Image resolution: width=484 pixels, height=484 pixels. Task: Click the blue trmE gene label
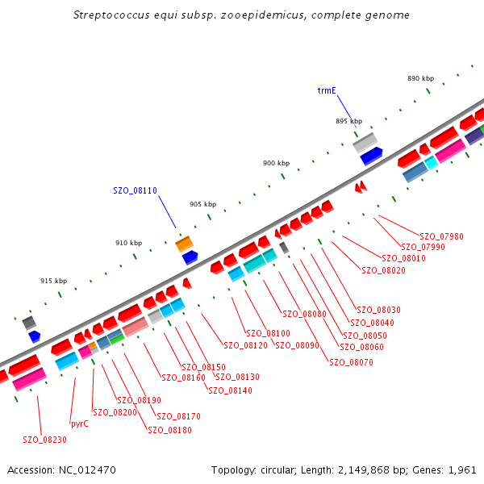tap(327, 91)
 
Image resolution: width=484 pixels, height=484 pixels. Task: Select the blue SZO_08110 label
tap(135, 190)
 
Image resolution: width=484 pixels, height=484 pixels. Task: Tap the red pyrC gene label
tap(80, 423)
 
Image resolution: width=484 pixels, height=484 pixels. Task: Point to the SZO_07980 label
tap(441, 236)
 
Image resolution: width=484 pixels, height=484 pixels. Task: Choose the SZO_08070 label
tap(351, 362)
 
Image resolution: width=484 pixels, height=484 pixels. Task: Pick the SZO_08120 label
tap(245, 345)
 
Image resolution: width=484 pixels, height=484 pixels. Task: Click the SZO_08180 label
tap(169, 430)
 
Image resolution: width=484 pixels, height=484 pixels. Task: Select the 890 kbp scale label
tap(420, 78)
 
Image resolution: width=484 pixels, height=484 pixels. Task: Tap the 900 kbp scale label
tap(276, 163)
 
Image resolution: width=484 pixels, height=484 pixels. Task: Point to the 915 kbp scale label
tap(53, 281)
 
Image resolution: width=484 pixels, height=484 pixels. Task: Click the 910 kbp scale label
tap(128, 243)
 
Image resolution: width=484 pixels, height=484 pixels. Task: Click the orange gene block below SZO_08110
tap(185, 243)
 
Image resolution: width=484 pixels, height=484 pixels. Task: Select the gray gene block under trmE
tap(365, 143)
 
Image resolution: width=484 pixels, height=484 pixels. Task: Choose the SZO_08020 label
tap(383, 270)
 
